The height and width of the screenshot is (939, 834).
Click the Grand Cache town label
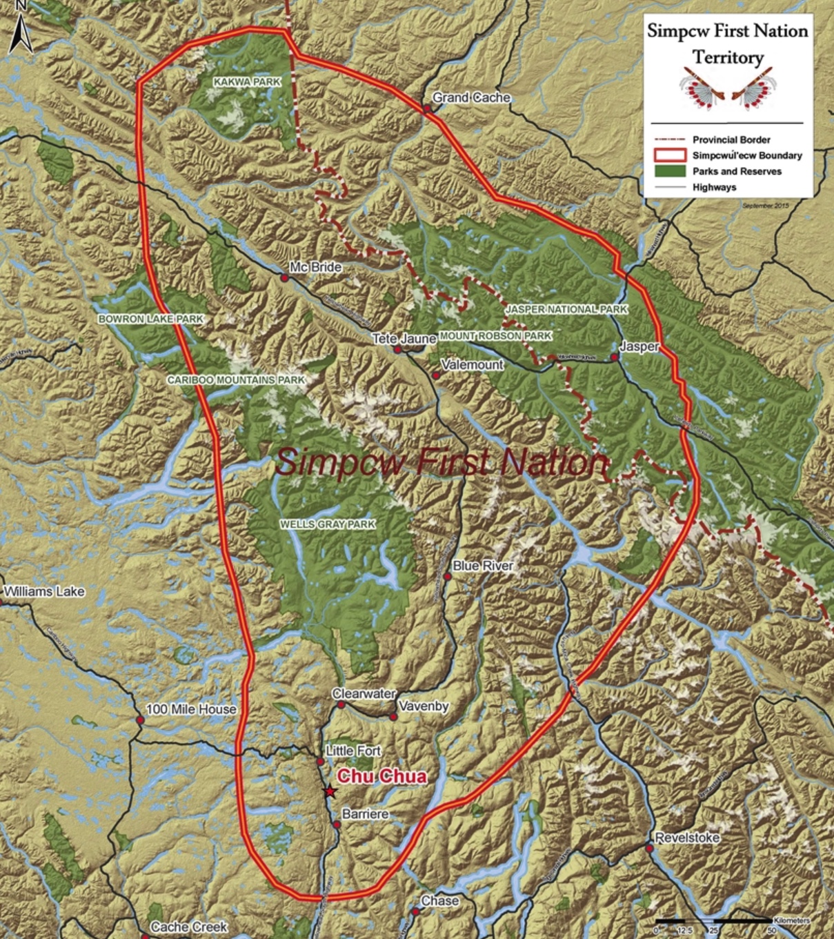471,98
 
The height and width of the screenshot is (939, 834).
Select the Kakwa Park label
247,82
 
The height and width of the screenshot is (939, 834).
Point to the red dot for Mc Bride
284,277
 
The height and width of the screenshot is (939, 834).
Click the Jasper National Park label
566,310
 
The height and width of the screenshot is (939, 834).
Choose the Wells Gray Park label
328,524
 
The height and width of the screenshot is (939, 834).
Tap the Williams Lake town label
45,592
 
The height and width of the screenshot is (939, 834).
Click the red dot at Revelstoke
650,847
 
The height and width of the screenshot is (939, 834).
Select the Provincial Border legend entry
731,139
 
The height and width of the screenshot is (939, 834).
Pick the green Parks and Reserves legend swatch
668,171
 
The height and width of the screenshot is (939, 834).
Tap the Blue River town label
483,566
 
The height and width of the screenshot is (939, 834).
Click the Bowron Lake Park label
151,319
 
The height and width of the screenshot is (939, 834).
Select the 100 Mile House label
191,709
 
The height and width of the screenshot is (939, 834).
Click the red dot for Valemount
436,375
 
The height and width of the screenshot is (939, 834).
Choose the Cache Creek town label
189,927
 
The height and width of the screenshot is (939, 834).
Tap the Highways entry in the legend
714,187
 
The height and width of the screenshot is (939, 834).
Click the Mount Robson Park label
495,336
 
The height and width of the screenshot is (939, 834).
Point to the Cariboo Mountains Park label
236,380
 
